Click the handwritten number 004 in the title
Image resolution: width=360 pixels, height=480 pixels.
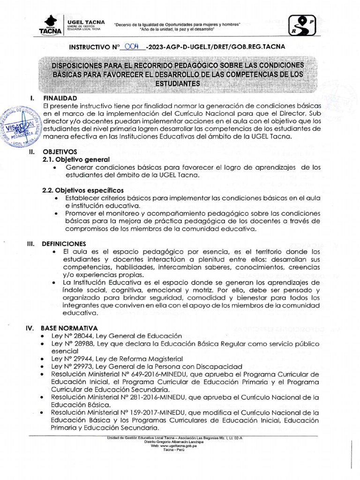click(133, 46)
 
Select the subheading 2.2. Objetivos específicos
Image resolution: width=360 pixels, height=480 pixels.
click(83, 190)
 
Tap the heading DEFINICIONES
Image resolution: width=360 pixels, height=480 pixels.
click(64, 244)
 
